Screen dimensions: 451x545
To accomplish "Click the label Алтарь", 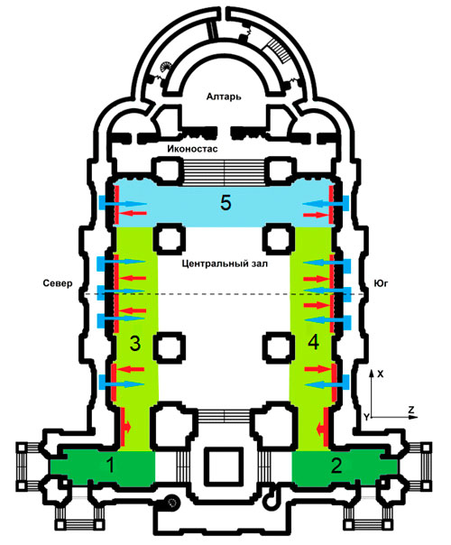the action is [x=224, y=97].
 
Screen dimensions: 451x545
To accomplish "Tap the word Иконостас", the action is [x=192, y=149].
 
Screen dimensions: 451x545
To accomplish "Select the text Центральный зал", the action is [x=225, y=263].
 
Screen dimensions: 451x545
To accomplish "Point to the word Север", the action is [x=58, y=283].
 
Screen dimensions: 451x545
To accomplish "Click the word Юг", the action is [x=381, y=283].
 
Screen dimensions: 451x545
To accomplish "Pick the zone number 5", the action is [x=225, y=203].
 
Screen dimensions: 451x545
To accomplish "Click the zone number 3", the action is [x=134, y=344].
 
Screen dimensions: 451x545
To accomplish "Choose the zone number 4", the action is [x=313, y=343].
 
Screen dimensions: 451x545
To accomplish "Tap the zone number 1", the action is [x=110, y=465].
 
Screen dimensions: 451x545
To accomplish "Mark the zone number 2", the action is [x=336, y=466].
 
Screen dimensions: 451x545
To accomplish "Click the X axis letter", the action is [x=381, y=374].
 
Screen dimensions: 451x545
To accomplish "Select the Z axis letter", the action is [x=411, y=411].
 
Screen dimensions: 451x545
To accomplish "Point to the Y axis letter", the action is [x=366, y=417].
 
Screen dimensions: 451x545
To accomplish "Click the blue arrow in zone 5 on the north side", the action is [x=123, y=203].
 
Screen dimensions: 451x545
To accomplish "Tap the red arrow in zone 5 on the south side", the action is [x=316, y=216].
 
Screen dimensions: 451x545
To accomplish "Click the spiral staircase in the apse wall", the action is [x=166, y=65].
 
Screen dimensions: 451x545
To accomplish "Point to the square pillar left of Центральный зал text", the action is [x=170, y=239].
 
